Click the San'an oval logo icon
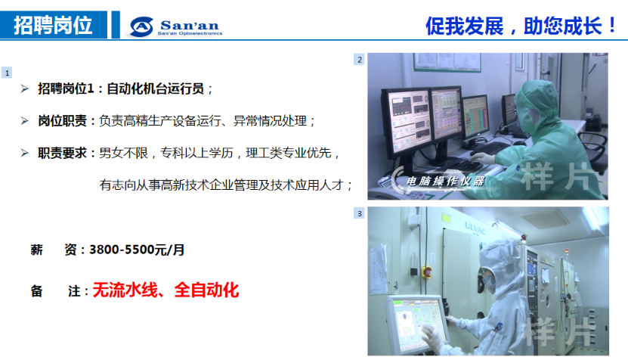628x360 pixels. pos(141,27)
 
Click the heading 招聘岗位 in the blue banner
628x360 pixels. pos(53,25)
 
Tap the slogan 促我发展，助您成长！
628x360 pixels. pos(521,26)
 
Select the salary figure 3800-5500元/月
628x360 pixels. pos(137,250)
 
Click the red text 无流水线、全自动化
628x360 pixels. pos(166,290)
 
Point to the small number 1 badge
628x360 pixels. pos(7,73)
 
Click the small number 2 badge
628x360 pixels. pos(359,59)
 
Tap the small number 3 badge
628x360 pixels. pos(359,213)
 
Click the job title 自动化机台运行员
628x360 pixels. pos(156,88)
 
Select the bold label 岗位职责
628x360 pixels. pos(62,121)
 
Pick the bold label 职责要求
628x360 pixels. pos(62,153)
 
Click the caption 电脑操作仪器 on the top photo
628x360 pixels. pos(445,182)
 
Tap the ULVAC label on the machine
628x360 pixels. pos(475,228)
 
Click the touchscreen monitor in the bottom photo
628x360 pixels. pos(416,324)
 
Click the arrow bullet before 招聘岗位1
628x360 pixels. pos(24,88)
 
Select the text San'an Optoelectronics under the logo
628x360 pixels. pos(190,34)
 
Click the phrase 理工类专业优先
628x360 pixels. pos(289,153)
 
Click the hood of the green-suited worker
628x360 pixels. pos(537,101)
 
